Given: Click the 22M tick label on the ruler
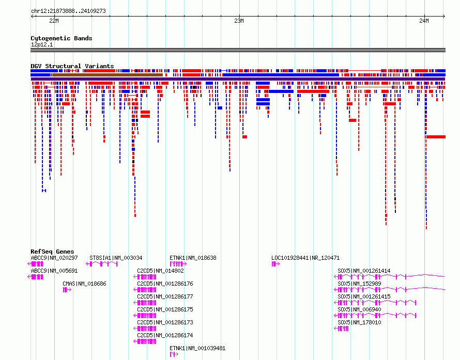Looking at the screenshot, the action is [x=54, y=21].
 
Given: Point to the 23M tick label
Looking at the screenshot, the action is [x=239, y=21].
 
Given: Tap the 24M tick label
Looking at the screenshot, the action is [x=424, y=21].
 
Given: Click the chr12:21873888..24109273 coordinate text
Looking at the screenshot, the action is [x=68, y=11].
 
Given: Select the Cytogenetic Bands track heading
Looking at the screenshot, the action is [x=62, y=38].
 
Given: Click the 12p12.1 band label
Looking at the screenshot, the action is [x=42, y=44].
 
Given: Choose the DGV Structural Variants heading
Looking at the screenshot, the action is [x=72, y=66].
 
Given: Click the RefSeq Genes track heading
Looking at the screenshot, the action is [x=52, y=252].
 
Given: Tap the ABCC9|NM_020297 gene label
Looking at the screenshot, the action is [x=54, y=258].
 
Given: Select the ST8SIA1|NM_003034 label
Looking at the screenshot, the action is [x=116, y=258].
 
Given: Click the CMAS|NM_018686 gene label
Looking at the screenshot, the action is [x=84, y=284].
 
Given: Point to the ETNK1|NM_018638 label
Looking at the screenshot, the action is [x=193, y=258].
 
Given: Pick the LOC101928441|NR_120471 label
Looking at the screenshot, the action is [x=305, y=258].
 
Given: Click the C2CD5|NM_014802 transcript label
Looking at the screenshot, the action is [x=160, y=271].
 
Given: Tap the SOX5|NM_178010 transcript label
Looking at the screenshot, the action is [x=359, y=322].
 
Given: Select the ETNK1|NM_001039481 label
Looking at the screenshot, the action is [x=197, y=348].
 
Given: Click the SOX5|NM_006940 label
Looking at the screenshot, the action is [x=359, y=309].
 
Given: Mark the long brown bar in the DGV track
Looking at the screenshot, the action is [x=108, y=75].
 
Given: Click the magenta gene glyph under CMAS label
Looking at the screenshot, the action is [x=67, y=290].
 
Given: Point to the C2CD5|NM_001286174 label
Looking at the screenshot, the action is [x=165, y=335].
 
